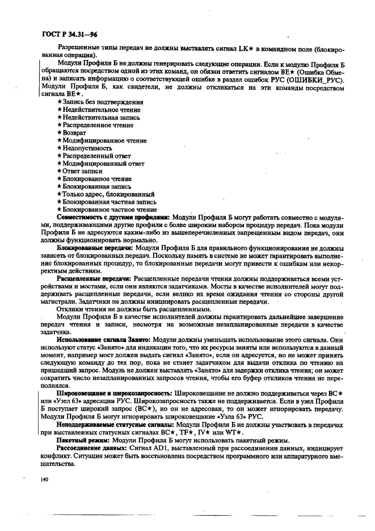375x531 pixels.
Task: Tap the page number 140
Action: click(45, 479)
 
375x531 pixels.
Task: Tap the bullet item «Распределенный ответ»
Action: click(96, 156)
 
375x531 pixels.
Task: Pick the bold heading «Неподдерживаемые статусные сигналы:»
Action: click(115, 424)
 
